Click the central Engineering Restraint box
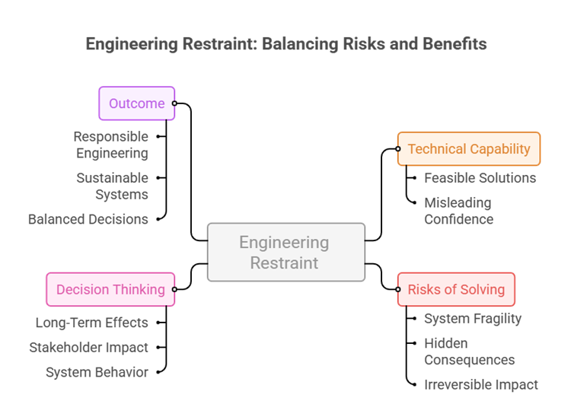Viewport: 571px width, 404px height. click(285, 253)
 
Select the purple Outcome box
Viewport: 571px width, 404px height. click(137, 103)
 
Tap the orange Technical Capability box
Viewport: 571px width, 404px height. click(468, 149)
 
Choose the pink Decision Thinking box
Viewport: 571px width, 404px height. click(110, 289)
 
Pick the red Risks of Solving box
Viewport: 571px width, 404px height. click(456, 289)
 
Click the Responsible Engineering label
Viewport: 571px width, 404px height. click(111, 145)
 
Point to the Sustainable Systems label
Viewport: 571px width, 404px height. click(113, 186)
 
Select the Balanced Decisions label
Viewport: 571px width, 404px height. click(88, 219)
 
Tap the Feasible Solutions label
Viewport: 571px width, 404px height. click(480, 178)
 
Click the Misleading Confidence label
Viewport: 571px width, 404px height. click(458, 211)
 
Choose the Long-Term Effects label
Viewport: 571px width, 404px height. click(92, 323)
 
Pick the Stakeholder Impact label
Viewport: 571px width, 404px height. click(89, 348)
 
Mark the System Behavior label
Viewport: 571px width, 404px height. click(97, 372)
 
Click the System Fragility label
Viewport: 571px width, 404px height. click(472, 318)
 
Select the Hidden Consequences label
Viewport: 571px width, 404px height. click(469, 352)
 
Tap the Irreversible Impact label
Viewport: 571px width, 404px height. click(480, 384)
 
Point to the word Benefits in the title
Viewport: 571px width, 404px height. click(454, 44)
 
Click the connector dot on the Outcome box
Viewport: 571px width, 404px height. click(174, 103)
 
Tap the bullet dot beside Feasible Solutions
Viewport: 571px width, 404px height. click(413, 178)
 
